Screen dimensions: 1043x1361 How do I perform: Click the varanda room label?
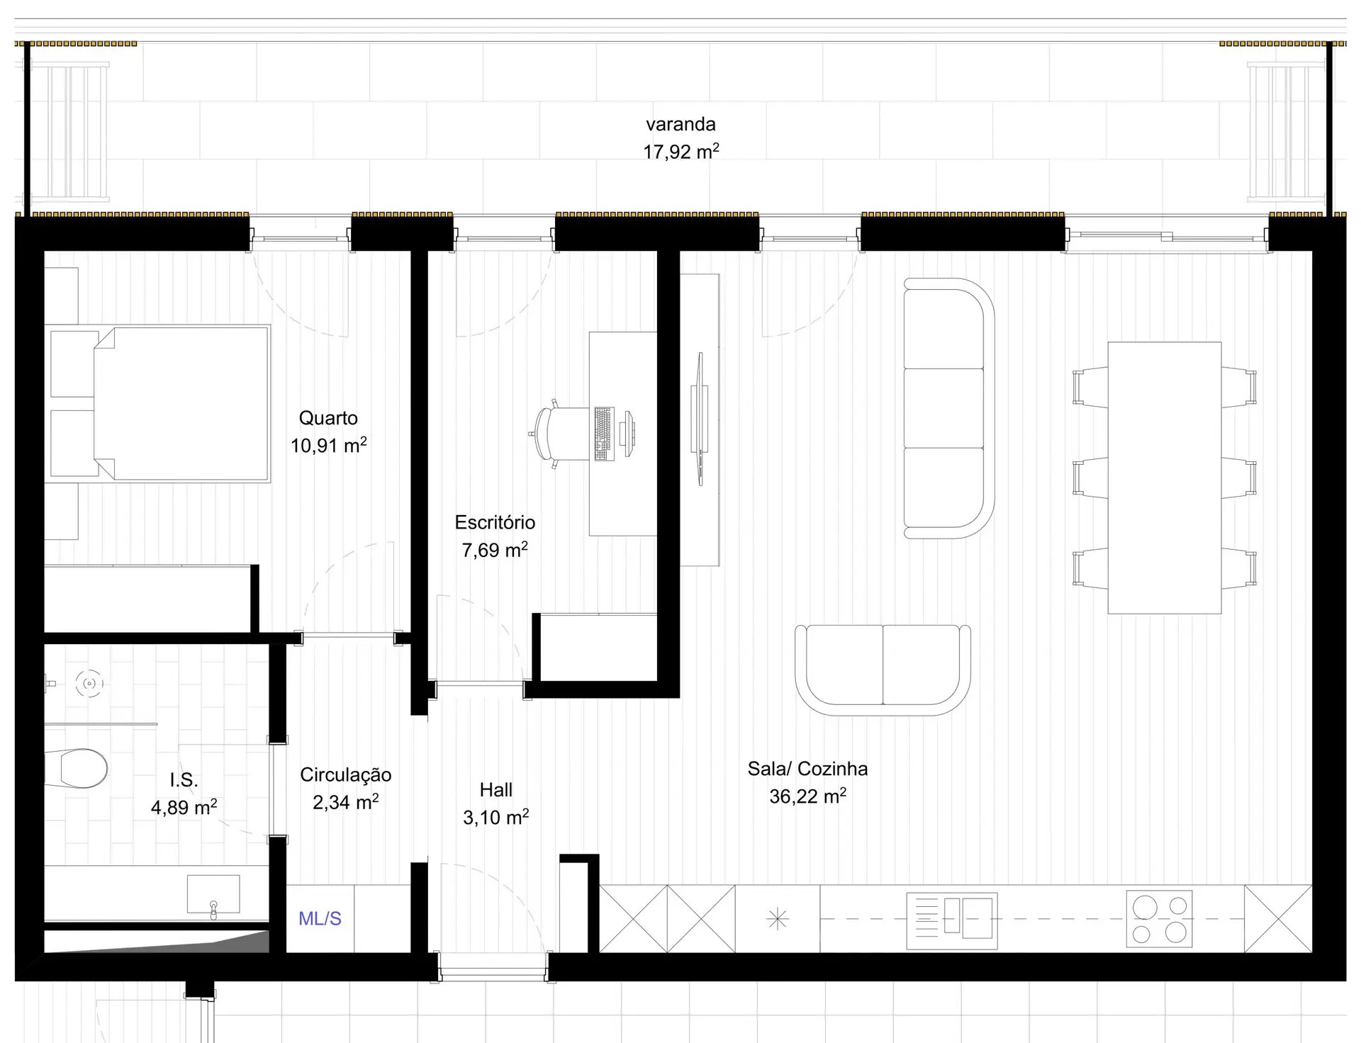pyautogui.click(x=680, y=125)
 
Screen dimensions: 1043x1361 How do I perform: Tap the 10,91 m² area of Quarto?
pyautogui.click(x=328, y=446)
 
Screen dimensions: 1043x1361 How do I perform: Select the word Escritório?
pyautogui.click(x=495, y=523)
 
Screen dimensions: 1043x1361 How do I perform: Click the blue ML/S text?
pyautogui.click(x=320, y=919)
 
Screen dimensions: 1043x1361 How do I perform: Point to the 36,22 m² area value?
pyautogui.click(x=807, y=796)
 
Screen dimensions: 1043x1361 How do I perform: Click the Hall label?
pyautogui.click(x=495, y=790)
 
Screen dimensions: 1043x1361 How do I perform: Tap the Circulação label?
pyautogui.click(x=345, y=775)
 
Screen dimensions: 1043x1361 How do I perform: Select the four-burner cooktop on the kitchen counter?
pyautogui.click(x=1159, y=919)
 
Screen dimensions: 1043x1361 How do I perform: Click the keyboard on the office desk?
pyautogui.click(x=604, y=434)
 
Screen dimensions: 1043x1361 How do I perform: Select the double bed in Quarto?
pyautogui.click(x=181, y=404)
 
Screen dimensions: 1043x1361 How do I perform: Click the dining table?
pyautogui.click(x=1164, y=478)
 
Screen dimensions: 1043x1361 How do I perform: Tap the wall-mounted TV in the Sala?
pyautogui.click(x=700, y=419)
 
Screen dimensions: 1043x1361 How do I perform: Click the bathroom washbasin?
pyautogui.click(x=213, y=895)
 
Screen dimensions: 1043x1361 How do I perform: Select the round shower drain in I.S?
pyautogui.click(x=89, y=684)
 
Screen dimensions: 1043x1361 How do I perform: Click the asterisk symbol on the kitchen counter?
pyautogui.click(x=778, y=920)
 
